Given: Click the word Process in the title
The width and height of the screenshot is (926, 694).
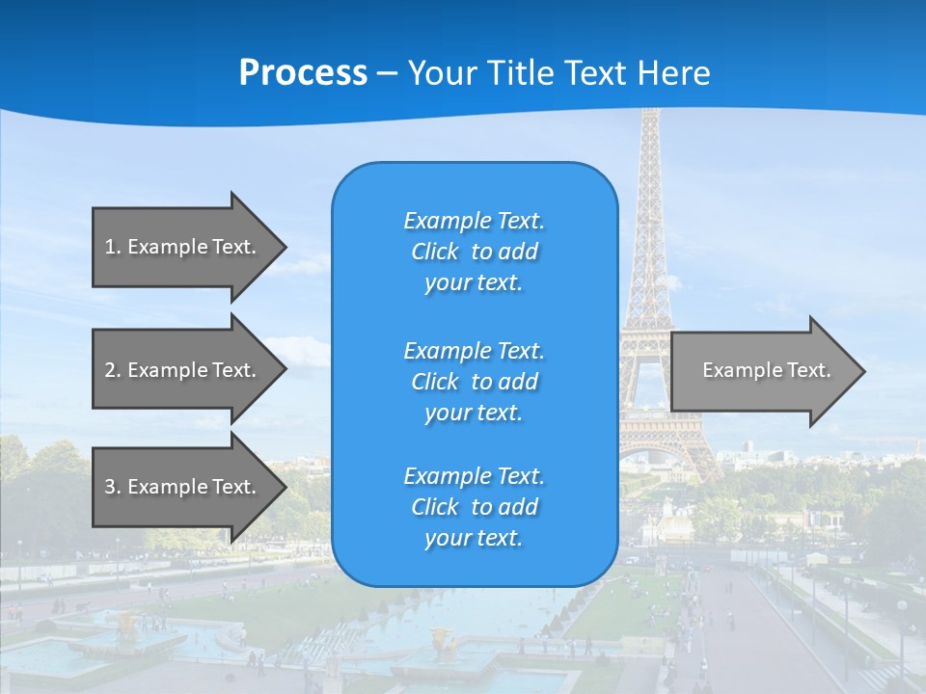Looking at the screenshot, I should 303,73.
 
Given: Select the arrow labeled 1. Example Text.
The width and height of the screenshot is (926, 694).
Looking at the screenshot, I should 183,247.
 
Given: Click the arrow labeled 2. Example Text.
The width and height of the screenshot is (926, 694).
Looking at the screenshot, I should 183,370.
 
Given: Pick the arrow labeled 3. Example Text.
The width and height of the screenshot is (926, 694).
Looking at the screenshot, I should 183,487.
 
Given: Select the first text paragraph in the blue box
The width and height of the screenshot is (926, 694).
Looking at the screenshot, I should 474,252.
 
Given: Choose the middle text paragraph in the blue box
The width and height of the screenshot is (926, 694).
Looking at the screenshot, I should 474,382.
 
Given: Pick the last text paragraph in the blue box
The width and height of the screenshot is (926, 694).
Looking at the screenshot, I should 474,507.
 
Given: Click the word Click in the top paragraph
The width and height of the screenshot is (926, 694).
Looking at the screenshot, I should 435,252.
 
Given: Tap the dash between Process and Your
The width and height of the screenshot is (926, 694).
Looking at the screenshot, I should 387,73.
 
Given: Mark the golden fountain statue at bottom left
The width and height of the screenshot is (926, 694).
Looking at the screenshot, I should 124,626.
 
